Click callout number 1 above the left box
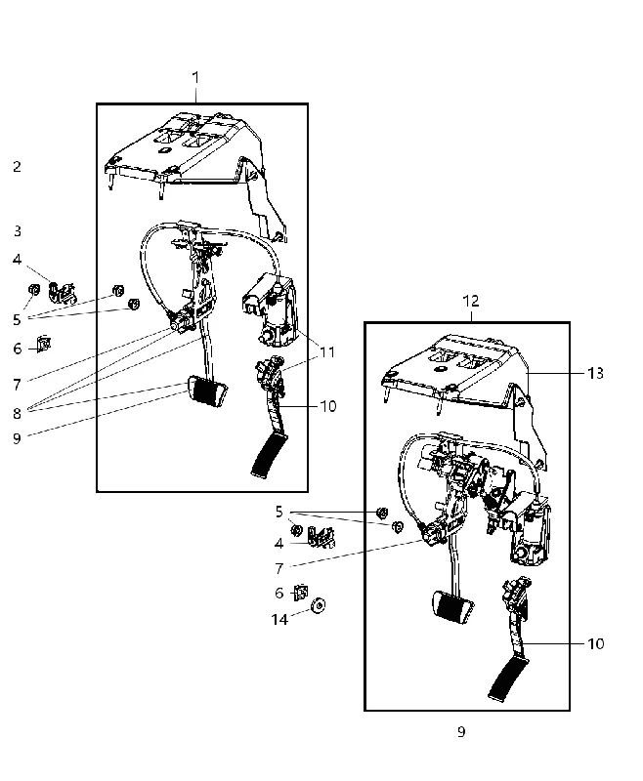(195, 78)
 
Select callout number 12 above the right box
(471, 301)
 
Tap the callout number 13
(595, 373)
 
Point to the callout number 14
(279, 619)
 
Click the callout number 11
(327, 352)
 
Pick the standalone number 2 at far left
(17, 166)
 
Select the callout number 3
(18, 231)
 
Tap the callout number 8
(17, 413)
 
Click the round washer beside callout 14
(318, 605)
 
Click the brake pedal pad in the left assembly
(206, 392)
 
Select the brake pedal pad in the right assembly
(452, 607)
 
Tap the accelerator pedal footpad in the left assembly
(270, 455)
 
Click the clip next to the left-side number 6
(44, 344)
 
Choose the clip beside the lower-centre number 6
(301, 593)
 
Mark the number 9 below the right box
(461, 731)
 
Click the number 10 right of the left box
(328, 406)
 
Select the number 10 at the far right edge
(596, 644)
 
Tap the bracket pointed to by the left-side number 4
(62, 292)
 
